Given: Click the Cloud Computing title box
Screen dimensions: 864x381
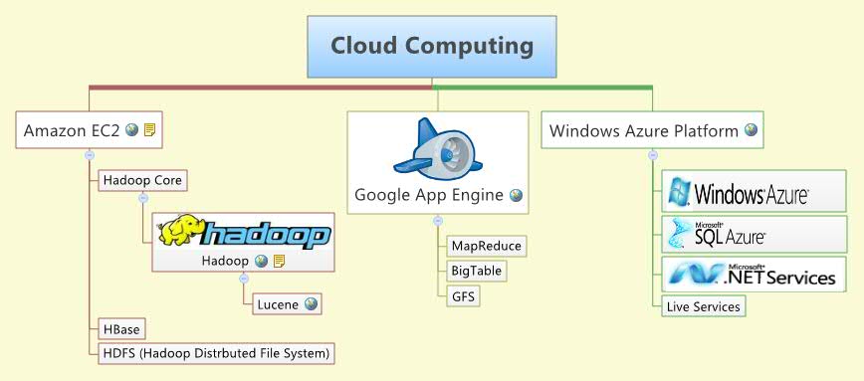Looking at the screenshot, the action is [x=432, y=46].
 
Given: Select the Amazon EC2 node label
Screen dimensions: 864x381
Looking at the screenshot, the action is [x=72, y=130].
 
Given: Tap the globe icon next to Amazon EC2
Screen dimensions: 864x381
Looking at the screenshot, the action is [x=131, y=130].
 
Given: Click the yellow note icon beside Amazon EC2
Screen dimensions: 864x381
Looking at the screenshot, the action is [x=149, y=130].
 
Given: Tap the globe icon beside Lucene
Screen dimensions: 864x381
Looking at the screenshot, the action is [x=312, y=304].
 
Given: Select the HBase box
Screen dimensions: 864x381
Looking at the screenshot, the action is [x=120, y=329].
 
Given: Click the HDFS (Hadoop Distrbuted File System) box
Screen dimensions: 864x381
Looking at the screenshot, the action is [x=215, y=352].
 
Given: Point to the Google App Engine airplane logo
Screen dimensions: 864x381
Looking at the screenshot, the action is [x=438, y=149].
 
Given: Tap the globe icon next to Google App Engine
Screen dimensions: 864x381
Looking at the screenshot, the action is [x=516, y=196].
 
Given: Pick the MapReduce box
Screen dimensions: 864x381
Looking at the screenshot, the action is [x=486, y=246].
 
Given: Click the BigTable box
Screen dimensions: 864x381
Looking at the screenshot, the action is [x=477, y=271].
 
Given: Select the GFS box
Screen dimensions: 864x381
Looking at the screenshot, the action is [x=463, y=295].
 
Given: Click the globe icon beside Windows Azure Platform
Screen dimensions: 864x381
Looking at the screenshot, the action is [x=751, y=130].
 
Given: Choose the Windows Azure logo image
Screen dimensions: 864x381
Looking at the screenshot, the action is [x=740, y=192].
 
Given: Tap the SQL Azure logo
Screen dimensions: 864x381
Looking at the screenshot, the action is [x=717, y=236].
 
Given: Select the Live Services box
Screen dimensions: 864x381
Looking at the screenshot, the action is [x=703, y=306].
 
